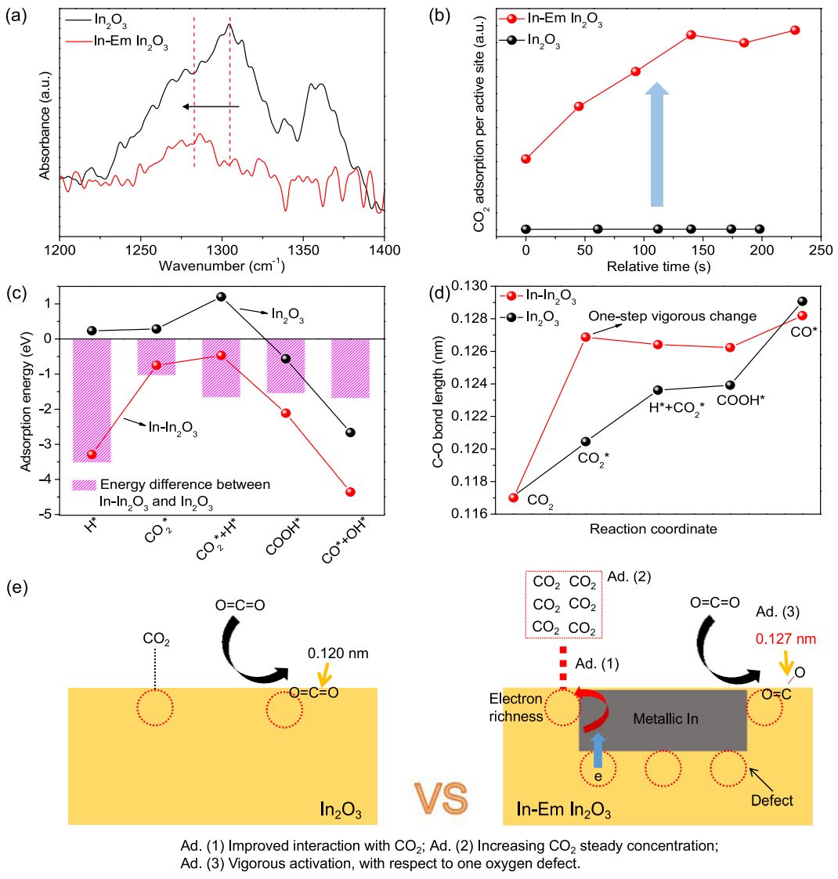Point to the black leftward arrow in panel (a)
[208, 106]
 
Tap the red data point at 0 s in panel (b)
[526, 159]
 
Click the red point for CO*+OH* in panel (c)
[350, 492]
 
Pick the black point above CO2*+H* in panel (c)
[221, 297]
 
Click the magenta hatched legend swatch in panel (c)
[82, 484]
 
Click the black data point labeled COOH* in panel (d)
[730, 385]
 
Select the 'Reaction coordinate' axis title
[653, 529]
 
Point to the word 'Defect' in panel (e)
[772, 800]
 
